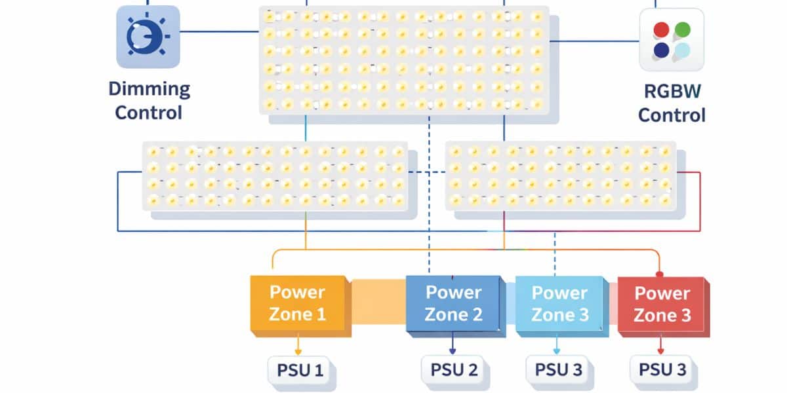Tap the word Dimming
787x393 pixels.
149,89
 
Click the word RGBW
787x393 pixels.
672,92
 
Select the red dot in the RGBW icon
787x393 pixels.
661,29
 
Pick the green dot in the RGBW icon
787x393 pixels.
682,29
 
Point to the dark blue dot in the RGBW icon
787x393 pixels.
661,50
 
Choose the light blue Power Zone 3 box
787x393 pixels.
559,304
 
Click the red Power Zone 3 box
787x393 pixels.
662,304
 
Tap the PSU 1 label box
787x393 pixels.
298,371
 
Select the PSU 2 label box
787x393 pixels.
453,370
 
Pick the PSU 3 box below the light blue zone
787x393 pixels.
558,369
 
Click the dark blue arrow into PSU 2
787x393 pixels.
453,346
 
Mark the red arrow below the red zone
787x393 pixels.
661,346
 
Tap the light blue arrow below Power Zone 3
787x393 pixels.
557,346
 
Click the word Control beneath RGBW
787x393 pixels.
672,115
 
